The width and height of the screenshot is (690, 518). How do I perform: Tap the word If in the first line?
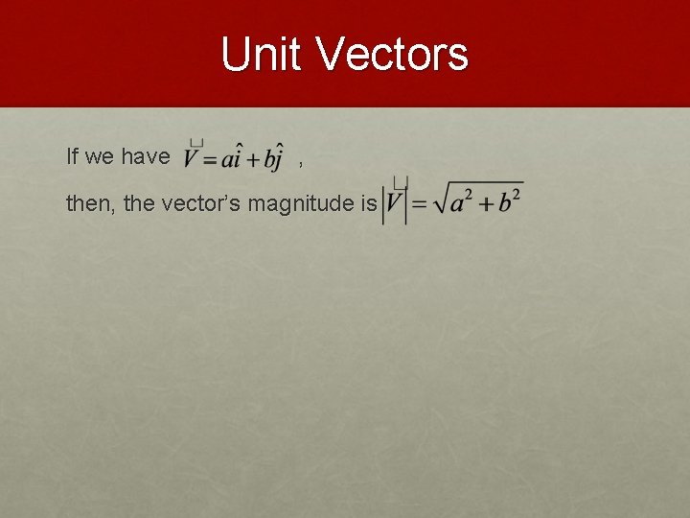(x=73, y=156)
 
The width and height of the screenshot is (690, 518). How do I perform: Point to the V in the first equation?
(x=194, y=157)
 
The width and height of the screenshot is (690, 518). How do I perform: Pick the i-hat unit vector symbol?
(x=237, y=155)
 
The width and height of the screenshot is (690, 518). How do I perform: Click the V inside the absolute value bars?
(x=395, y=203)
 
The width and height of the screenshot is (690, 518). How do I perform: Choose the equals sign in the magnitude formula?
(x=420, y=204)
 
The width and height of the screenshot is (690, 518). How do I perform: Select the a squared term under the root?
(x=464, y=202)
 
